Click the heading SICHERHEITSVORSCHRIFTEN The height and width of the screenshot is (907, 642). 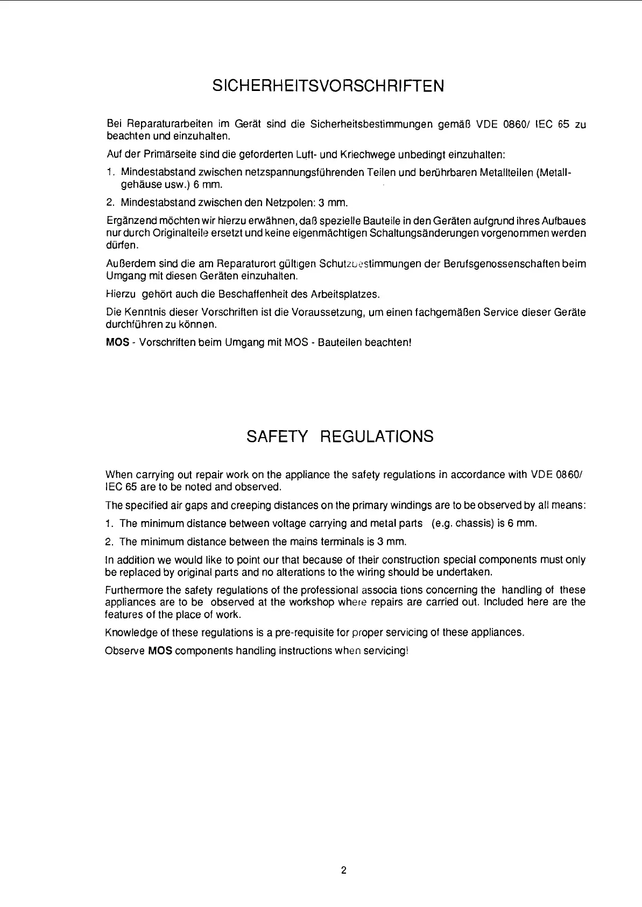(328, 86)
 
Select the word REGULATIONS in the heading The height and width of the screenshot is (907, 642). (376, 437)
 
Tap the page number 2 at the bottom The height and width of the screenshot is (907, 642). (343, 870)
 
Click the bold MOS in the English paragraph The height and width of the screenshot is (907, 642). (160, 651)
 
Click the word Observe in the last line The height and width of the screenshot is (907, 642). (125, 651)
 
